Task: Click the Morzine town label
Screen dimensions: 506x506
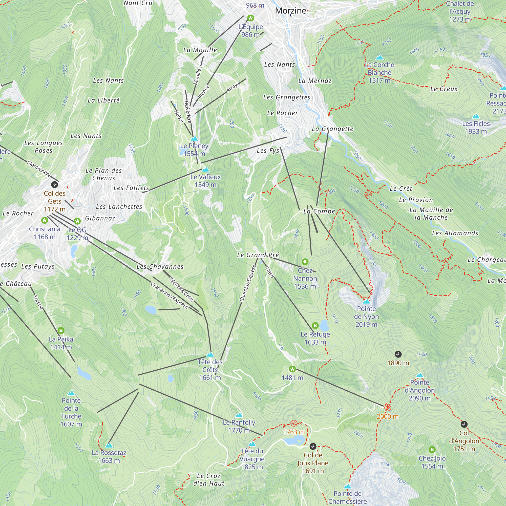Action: [x=290, y=11]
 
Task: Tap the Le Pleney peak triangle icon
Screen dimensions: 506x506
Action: [x=194, y=138]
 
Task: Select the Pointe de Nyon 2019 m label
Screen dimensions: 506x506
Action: [x=366, y=317]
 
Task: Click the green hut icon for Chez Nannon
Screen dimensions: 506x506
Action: [x=305, y=262]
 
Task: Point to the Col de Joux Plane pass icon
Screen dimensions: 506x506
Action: [x=313, y=446]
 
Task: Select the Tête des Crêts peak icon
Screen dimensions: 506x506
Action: [x=210, y=355]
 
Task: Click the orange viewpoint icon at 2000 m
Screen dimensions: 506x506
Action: [x=388, y=408]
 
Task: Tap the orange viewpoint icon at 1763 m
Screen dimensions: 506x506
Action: [x=294, y=423]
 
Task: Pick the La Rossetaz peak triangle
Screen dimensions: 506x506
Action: [x=109, y=445]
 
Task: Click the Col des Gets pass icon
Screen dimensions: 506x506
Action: [x=54, y=185]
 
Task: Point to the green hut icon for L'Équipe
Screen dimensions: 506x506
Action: [x=251, y=18]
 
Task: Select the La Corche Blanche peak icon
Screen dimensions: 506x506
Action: [x=379, y=57]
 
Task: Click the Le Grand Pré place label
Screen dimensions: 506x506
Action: [x=258, y=255]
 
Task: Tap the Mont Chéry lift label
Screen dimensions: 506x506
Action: [x=39, y=169]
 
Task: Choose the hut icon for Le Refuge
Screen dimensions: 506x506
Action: [x=315, y=326]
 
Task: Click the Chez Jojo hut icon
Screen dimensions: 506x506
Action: [x=432, y=450]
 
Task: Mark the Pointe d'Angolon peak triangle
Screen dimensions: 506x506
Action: [x=419, y=375]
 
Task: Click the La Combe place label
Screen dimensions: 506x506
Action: [x=319, y=211]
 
